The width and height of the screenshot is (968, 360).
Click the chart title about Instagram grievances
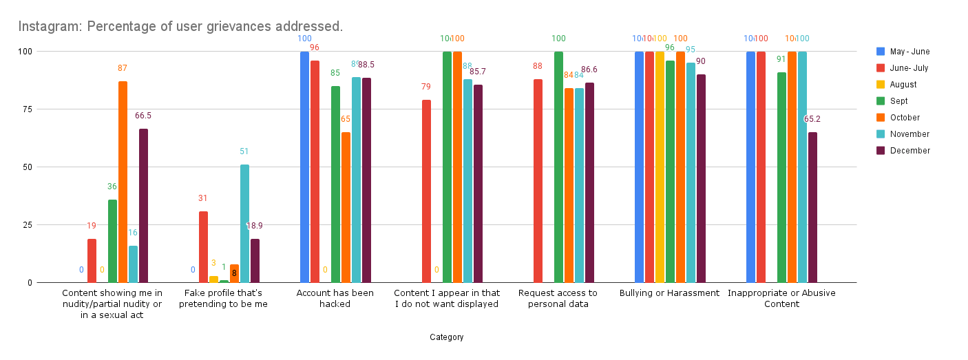click(180, 27)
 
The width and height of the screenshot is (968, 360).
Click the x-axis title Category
click(447, 337)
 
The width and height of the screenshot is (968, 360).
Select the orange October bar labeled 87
click(123, 182)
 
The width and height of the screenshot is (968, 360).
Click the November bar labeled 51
click(244, 224)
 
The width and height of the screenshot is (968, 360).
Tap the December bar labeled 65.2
click(812, 207)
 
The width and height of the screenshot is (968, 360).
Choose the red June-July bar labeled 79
click(426, 191)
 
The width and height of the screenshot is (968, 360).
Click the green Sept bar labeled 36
click(112, 241)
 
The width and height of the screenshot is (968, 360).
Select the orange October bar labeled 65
click(346, 207)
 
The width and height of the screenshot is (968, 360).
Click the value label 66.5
click(143, 116)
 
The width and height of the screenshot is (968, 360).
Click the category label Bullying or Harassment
click(669, 293)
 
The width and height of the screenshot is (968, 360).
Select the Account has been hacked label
click(335, 298)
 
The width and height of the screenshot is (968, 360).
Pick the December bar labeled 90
click(701, 178)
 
